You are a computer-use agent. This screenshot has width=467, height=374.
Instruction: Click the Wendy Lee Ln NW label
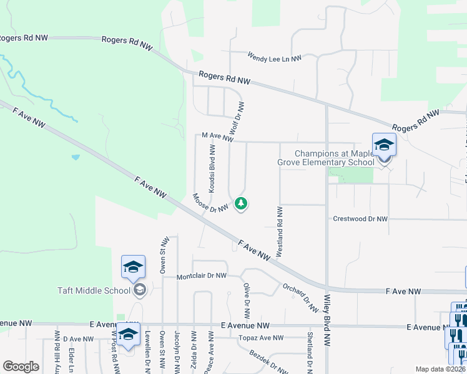point(274,57)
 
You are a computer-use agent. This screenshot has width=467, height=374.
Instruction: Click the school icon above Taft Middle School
point(133,267)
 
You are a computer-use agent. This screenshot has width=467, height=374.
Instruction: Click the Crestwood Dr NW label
point(360,219)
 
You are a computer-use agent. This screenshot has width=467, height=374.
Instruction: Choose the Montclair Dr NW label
point(201,276)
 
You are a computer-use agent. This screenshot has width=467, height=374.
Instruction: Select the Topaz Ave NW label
point(260,338)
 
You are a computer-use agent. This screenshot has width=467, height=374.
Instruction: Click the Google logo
point(21,367)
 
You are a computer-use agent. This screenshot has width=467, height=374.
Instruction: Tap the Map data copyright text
point(441,369)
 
